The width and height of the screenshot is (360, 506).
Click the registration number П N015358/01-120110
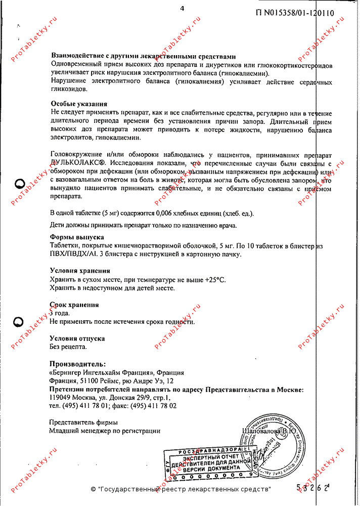(295, 14)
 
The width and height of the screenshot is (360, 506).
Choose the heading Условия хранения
(80, 271)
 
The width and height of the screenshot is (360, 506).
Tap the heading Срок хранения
(74, 305)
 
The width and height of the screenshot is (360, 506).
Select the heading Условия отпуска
(77, 338)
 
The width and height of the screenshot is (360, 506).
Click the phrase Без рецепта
(68, 347)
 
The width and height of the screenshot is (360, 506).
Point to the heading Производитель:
(78, 364)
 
